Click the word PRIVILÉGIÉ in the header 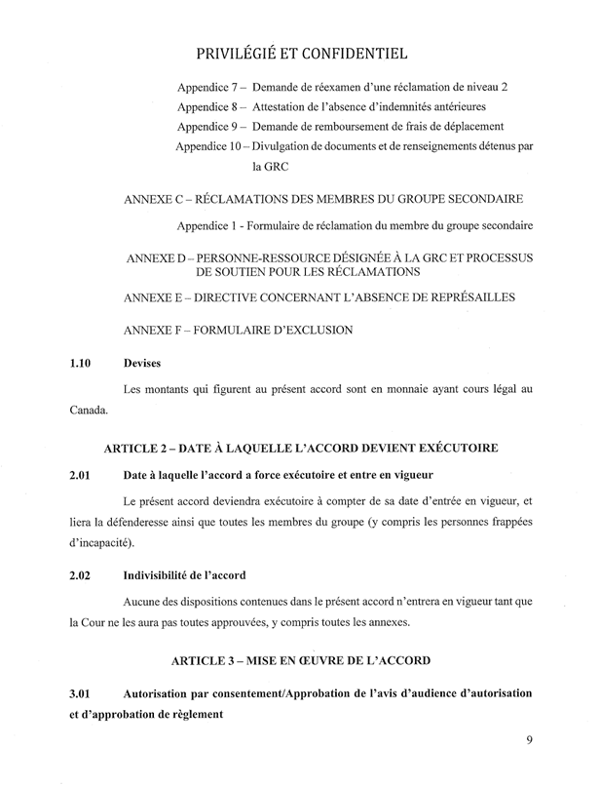point(237,51)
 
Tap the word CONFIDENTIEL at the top point(352,51)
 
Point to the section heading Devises point(144,364)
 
